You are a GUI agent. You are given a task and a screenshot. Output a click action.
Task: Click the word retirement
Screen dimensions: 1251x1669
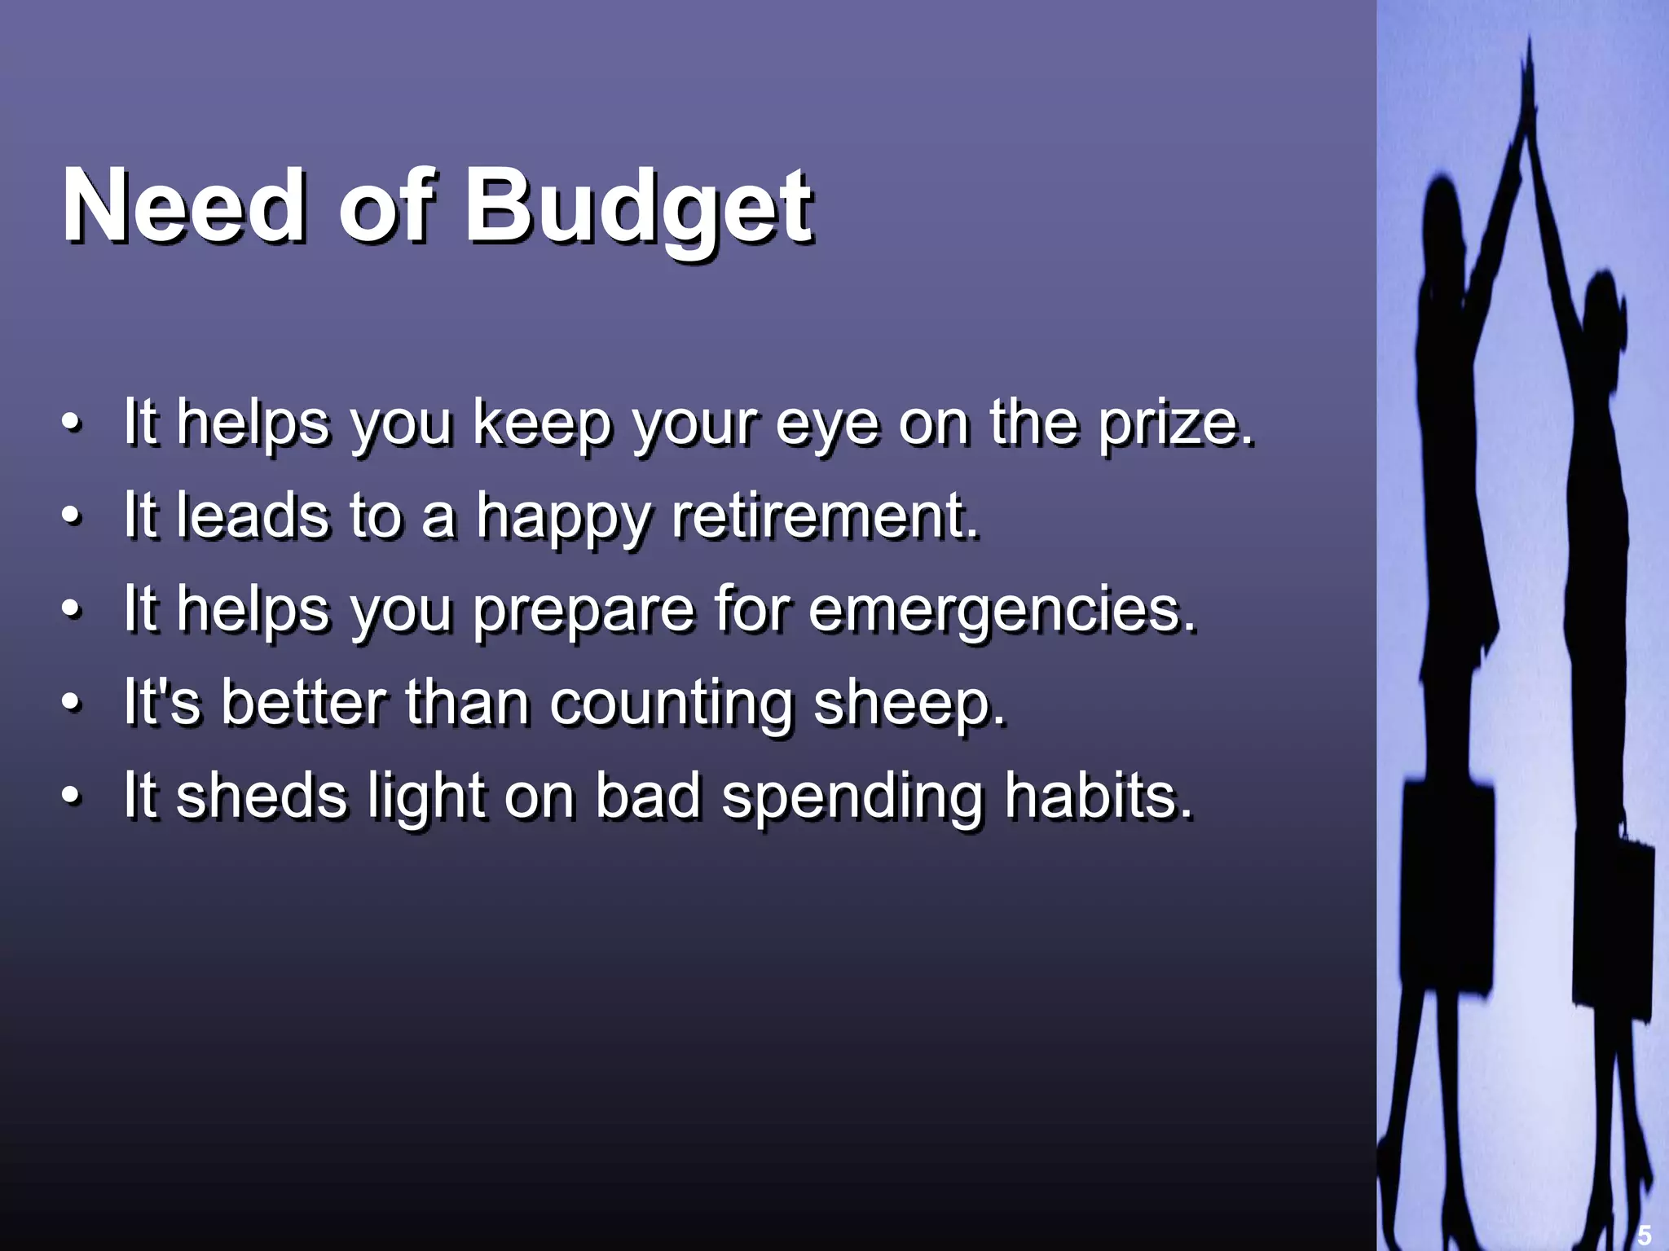coord(825,516)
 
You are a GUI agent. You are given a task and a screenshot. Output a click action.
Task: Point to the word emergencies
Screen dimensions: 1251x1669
coord(1002,610)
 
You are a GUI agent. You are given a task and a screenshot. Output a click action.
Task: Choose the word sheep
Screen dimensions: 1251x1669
coord(909,703)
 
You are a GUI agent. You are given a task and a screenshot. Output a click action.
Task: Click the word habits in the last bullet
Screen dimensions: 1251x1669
coord(1099,796)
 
